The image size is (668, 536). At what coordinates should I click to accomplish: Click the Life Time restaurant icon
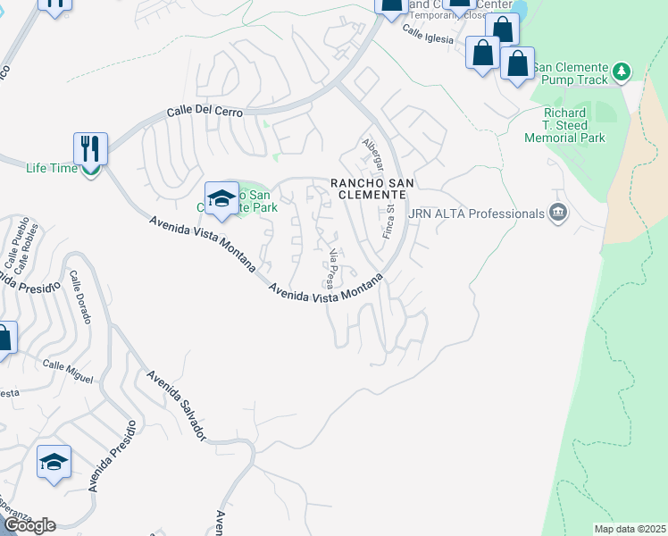pyautogui.click(x=90, y=148)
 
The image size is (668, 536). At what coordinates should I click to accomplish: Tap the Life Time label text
pyautogui.click(x=48, y=168)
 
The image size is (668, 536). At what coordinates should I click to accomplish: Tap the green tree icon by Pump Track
pyautogui.click(x=622, y=71)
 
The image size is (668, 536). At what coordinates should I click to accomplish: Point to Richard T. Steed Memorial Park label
pyautogui.click(x=574, y=126)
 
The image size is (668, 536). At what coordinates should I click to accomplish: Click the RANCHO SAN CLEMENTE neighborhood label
pyautogui.click(x=372, y=189)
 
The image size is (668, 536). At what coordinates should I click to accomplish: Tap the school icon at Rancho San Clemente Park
pyautogui.click(x=221, y=198)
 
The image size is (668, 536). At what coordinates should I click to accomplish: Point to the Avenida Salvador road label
pyautogui.click(x=178, y=406)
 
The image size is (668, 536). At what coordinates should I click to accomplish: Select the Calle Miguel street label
pyautogui.click(x=68, y=372)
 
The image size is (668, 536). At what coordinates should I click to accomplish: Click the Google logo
pyautogui.click(x=29, y=525)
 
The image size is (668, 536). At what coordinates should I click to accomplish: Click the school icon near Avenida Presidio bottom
pyautogui.click(x=54, y=462)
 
